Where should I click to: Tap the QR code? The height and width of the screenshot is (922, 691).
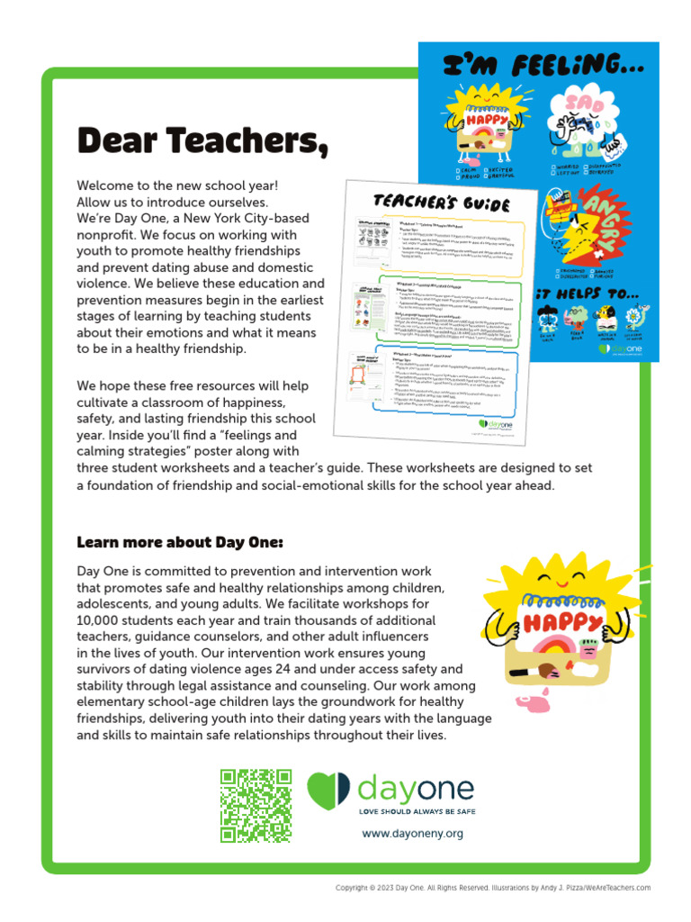pyautogui.click(x=256, y=805)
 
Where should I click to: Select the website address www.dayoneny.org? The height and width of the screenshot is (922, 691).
pyautogui.click(x=412, y=834)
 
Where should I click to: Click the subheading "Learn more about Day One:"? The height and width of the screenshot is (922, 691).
pyautogui.click(x=180, y=542)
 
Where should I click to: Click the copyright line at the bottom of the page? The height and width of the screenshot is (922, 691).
pyautogui.click(x=492, y=888)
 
